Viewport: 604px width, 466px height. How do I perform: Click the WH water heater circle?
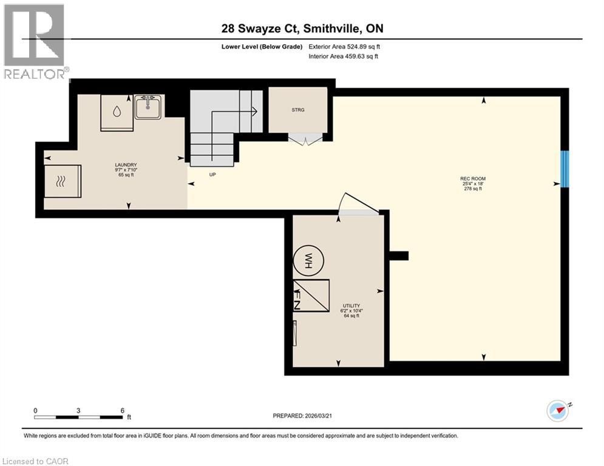(308, 262)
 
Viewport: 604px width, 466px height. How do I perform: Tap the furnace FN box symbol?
(311, 295)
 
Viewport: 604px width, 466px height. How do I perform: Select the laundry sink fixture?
(147, 108)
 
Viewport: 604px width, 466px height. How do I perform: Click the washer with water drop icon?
(117, 111)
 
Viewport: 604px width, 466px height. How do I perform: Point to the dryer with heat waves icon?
(61, 180)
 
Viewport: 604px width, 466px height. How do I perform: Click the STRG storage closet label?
(297, 110)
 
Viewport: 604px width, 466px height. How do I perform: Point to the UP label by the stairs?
(212, 175)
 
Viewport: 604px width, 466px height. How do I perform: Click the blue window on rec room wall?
(565, 169)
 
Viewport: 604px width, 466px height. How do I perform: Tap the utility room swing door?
(359, 203)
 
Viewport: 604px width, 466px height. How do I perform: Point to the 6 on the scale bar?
(123, 410)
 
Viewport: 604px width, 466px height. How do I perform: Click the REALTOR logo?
(35, 41)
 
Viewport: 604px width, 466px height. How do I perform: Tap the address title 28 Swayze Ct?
(302, 29)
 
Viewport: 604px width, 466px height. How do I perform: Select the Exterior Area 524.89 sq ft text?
(344, 46)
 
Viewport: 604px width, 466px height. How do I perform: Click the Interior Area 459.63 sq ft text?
(344, 57)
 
